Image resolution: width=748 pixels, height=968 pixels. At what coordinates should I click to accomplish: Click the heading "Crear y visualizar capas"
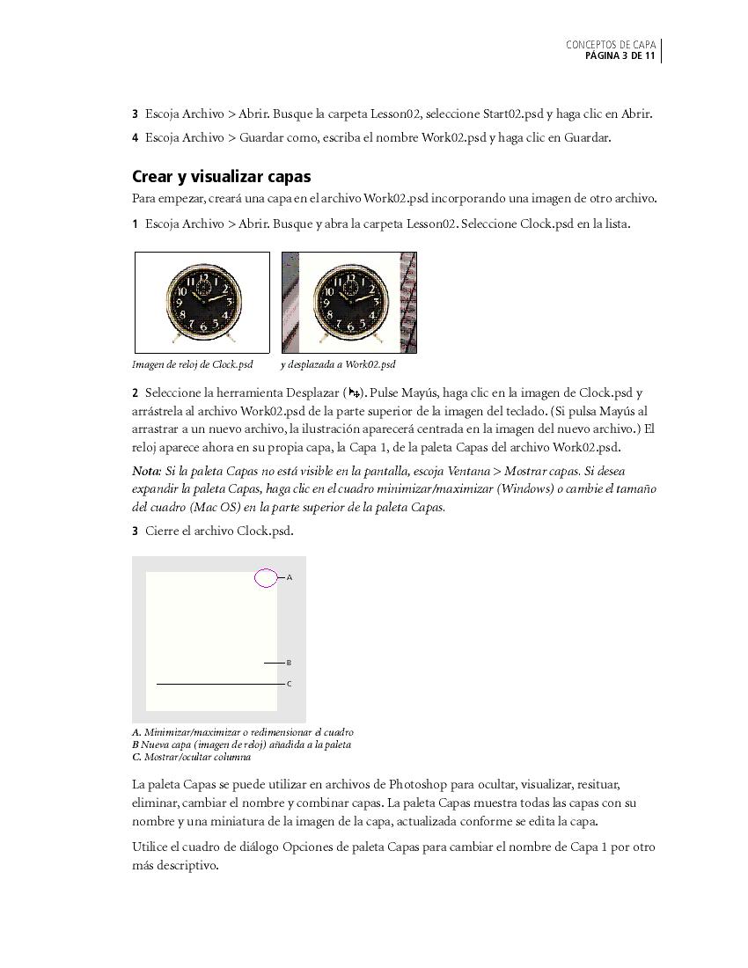point(221,176)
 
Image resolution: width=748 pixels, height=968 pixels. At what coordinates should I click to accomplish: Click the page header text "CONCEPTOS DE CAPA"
point(611,45)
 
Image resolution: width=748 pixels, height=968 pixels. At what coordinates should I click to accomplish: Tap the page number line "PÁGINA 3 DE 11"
point(620,56)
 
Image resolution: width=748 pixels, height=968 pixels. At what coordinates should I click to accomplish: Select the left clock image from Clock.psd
point(202,302)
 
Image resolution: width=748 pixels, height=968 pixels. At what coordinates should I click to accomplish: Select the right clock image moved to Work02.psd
point(349,302)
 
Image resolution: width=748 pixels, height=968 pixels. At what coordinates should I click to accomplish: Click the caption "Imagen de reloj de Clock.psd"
point(193,364)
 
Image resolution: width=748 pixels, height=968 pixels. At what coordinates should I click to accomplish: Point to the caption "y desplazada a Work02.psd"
point(338,364)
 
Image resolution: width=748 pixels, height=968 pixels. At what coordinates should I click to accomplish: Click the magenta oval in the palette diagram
point(266,577)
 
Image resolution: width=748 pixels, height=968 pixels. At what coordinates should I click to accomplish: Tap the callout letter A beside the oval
point(290,577)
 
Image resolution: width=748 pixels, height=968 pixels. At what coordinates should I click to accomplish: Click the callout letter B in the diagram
point(289,663)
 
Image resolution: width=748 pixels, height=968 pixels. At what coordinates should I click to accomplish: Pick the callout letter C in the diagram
point(289,684)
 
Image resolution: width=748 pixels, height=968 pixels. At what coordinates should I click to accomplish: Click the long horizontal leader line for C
point(220,684)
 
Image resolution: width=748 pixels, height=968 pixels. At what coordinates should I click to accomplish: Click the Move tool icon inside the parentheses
point(354,392)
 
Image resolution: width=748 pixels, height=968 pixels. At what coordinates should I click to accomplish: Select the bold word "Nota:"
point(146,471)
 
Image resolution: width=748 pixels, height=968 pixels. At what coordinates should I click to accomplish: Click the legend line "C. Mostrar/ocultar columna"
point(191,757)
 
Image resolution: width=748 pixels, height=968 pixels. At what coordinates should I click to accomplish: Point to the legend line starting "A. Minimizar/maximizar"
point(243,732)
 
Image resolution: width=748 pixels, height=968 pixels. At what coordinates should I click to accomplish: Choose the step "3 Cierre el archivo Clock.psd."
point(213,531)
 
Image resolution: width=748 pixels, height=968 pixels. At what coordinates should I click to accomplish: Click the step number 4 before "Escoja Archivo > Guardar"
point(136,137)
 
